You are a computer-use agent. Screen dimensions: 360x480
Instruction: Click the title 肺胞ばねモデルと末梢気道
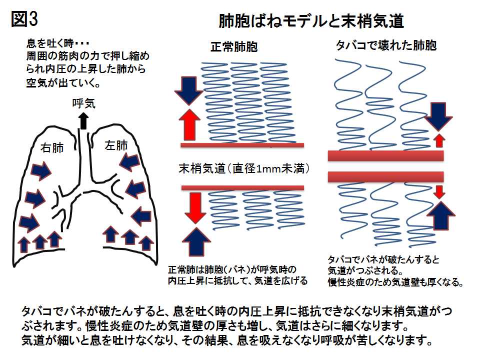point(311,21)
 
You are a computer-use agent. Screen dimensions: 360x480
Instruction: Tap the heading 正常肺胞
point(234,48)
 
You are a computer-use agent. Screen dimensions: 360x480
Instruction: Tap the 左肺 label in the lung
point(116,146)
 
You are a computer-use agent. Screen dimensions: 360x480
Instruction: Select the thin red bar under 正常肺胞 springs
point(242,145)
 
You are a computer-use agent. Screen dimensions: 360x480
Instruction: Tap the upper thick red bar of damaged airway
point(385,155)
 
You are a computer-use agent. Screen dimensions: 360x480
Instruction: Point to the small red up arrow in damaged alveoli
point(439,140)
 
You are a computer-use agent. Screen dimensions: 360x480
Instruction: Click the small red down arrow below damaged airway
point(439,192)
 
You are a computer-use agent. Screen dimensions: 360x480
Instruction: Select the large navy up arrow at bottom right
point(439,214)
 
